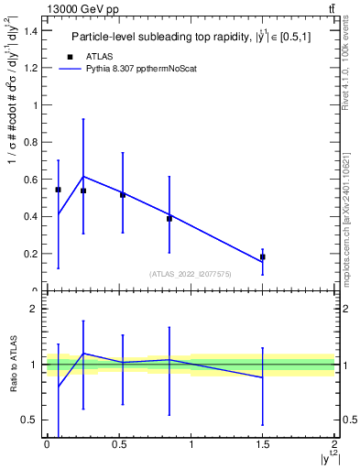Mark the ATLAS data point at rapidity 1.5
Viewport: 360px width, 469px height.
click(262, 256)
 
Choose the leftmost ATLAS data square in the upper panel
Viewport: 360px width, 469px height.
click(58, 190)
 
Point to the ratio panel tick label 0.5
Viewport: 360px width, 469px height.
click(28, 420)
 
